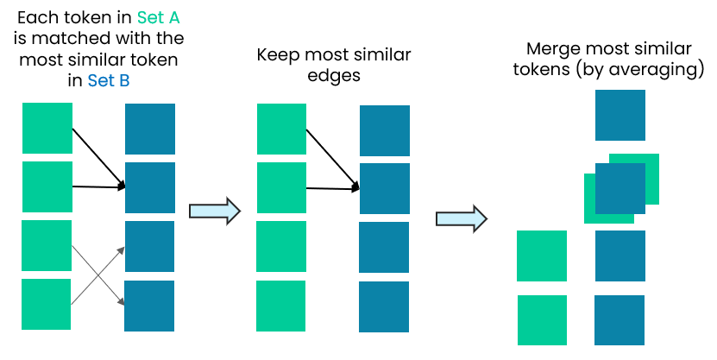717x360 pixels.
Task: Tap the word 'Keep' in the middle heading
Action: pos(277,55)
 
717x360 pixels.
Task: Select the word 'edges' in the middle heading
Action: pos(333,76)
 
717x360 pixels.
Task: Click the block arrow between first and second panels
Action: pos(213,211)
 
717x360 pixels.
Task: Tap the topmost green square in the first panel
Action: pos(47,129)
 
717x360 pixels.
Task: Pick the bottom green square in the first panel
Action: pos(47,304)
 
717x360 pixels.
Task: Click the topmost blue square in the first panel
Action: pos(150,129)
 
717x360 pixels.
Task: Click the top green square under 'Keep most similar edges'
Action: pos(281,129)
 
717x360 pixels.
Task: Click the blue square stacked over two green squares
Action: pos(620,188)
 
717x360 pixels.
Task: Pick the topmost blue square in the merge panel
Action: pos(620,115)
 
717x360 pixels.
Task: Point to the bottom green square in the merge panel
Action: pos(542,320)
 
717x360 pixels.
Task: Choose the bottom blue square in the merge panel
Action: pos(620,320)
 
